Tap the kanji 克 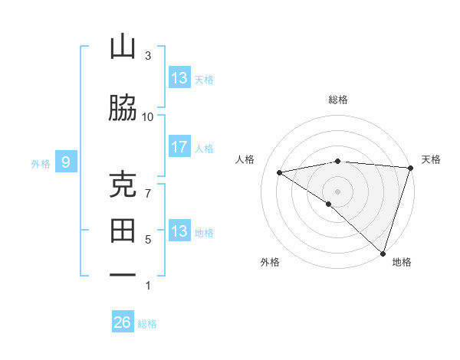click(123, 185)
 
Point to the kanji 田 click(123, 231)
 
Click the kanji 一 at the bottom click(123, 274)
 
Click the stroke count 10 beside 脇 click(148, 116)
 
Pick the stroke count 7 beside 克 click(148, 193)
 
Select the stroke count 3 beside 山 click(148, 56)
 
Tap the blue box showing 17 click(179, 147)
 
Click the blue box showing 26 click(123, 322)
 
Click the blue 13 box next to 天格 click(179, 78)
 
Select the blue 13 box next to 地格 click(179, 231)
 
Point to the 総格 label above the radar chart click(338, 100)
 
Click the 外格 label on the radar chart click(269, 262)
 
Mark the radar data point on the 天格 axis click(410, 168)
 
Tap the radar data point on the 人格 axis click(279, 172)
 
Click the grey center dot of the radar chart click(337, 190)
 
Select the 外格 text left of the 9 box click(41, 163)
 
